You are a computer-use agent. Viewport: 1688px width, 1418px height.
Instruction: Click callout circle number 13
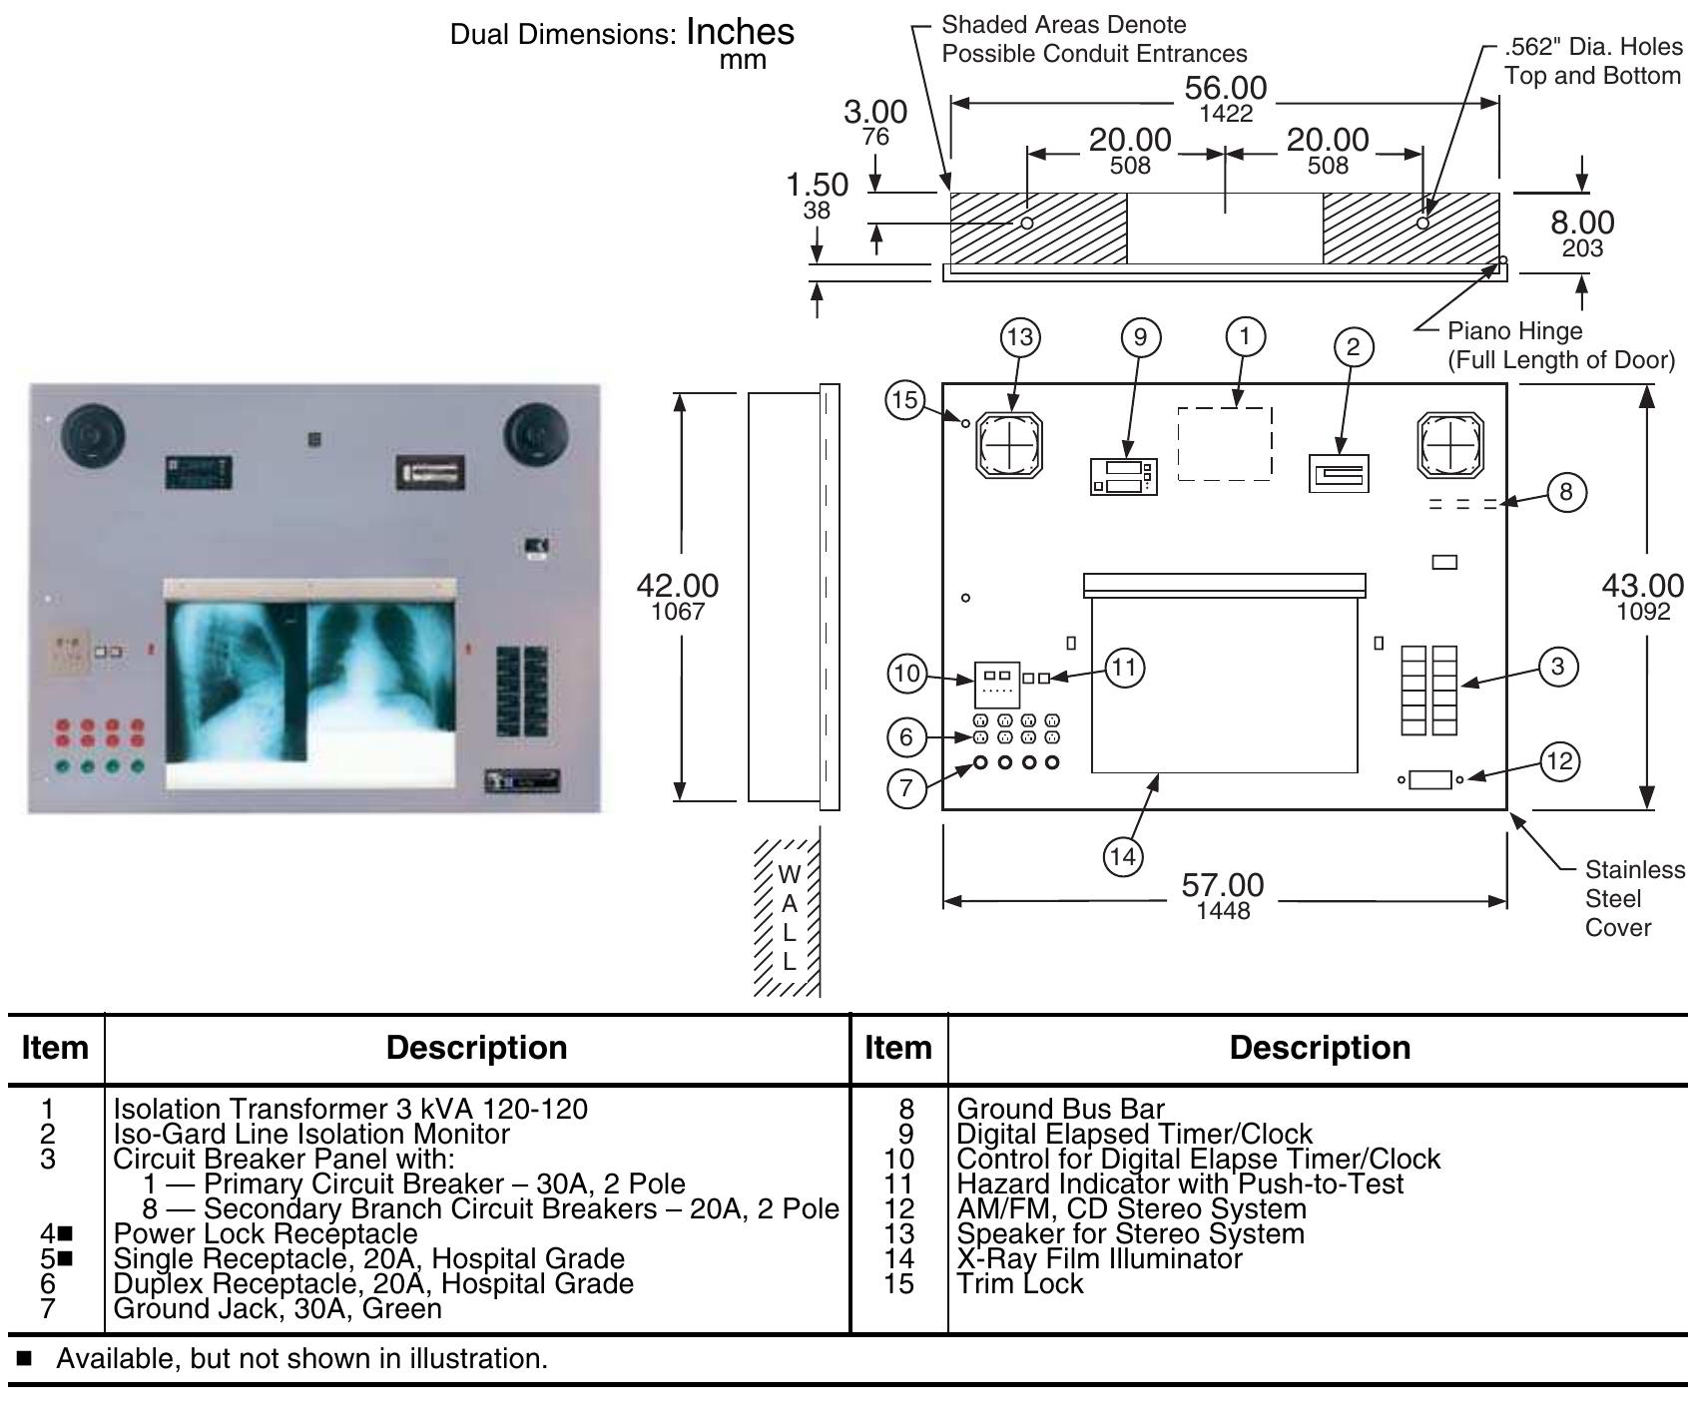tap(1020, 337)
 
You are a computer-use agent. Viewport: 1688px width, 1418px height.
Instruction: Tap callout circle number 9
tap(1141, 337)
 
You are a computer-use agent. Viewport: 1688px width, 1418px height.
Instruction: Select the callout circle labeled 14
tap(1123, 856)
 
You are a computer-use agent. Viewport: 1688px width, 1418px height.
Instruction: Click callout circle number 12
tap(1558, 761)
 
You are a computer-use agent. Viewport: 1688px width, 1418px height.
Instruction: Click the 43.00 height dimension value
tap(1642, 587)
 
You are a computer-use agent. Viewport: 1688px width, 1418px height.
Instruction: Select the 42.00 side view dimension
tap(678, 587)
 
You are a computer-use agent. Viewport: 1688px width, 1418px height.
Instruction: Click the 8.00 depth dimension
tap(1582, 224)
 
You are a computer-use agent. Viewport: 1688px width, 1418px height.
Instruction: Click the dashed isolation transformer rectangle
tap(1225, 443)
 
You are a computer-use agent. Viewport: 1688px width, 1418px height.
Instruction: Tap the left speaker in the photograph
tap(93, 436)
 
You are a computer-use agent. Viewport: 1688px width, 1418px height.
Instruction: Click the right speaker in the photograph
tap(536, 435)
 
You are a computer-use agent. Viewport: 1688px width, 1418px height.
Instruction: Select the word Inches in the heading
tap(740, 32)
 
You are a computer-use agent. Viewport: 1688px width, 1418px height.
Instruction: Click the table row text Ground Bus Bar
tap(1060, 1109)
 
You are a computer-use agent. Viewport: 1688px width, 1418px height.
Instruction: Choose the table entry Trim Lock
tap(1019, 1283)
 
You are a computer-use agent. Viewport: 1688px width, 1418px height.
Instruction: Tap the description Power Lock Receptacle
tap(266, 1233)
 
